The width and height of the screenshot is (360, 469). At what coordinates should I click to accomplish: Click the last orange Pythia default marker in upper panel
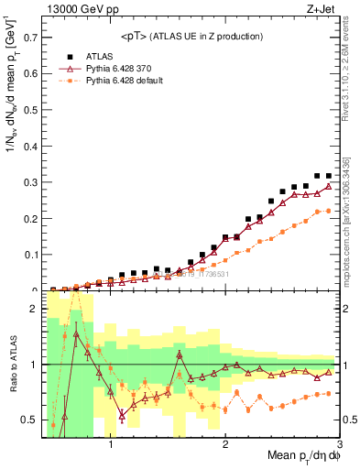pos(328,211)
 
